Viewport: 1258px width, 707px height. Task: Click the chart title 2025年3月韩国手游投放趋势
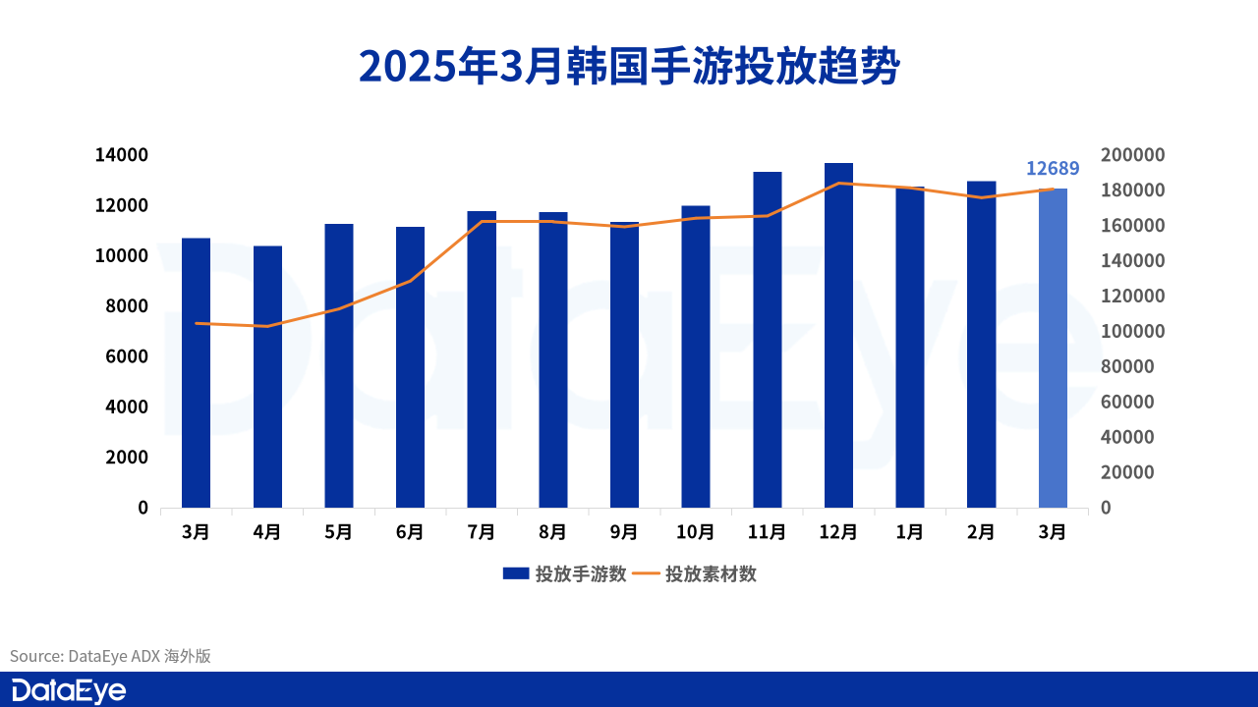(x=629, y=65)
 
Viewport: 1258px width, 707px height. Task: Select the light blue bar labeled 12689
(x=1053, y=348)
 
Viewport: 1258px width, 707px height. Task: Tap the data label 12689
(x=1053, y=168)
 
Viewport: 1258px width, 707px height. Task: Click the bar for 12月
(x=838, y=335)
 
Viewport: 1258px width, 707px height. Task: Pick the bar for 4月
(x=267, y=376)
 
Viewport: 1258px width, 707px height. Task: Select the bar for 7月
(x=482, y=358)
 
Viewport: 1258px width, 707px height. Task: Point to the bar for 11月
(x=768, y=339)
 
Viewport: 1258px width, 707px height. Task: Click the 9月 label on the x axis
(x=624, y=532)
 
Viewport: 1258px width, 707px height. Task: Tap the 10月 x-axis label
(x=695, y=532)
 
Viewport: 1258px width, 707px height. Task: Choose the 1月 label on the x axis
(x=910, y=532)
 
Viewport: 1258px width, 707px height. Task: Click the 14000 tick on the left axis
(x=121, y=155)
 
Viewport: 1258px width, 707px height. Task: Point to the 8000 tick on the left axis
(x=128, y=306)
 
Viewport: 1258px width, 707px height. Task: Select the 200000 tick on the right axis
(x=1132, y=155)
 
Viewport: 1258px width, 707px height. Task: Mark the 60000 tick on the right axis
(x=1128, y=402)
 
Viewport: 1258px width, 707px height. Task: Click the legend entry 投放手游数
(x=564, y=574)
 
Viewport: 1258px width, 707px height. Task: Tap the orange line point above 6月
(x=410, y=281)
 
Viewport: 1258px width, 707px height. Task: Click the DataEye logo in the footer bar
(x=69, y=690)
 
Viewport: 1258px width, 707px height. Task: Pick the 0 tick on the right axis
(x=1106, y=508)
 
